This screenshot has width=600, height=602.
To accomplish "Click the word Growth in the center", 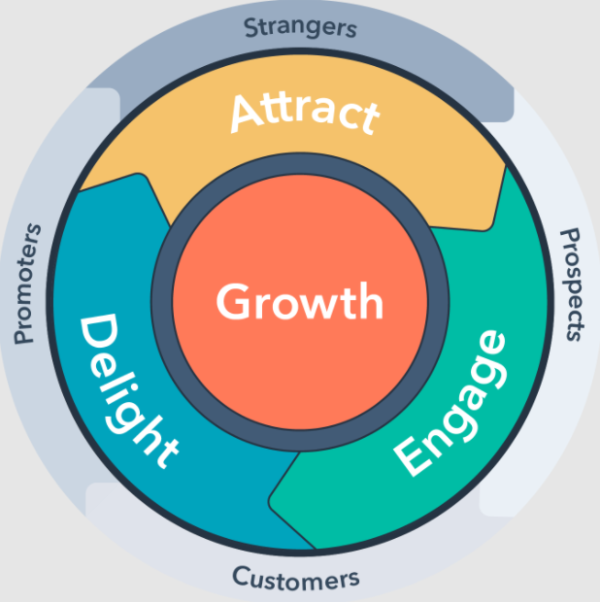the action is pyautogui.click(x=300, y=301).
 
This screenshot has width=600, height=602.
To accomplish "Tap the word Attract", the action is pyautogui.click(x=305, y=114).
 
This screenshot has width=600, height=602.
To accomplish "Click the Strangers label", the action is pyautogui.click(x=300, y=27).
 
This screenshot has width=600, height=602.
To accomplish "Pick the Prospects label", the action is pyautogui.click(x=572, y=284).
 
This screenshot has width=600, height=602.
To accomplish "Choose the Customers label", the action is pyautogui.click(x=295, y=579).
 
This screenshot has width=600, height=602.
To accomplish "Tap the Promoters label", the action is pyautogui.click(x=27, y=284).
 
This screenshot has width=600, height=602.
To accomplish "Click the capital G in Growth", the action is pyautogui.click(x=231, y=301).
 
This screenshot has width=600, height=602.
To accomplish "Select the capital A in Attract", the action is pyautogui.click(x=246, y=114).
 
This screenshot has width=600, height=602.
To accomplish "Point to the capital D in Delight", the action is pyautogui.click(x=99, y=332).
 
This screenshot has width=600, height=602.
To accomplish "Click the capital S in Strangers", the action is pyautogui.click(x=250, y=27).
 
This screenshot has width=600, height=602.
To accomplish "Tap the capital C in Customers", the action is pyautogui.click(x=241, y=577).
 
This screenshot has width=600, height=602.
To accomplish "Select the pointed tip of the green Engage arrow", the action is pyautogui.click(x=270, y=501).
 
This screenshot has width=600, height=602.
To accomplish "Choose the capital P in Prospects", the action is pyautogui.click(x=571, y=237).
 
